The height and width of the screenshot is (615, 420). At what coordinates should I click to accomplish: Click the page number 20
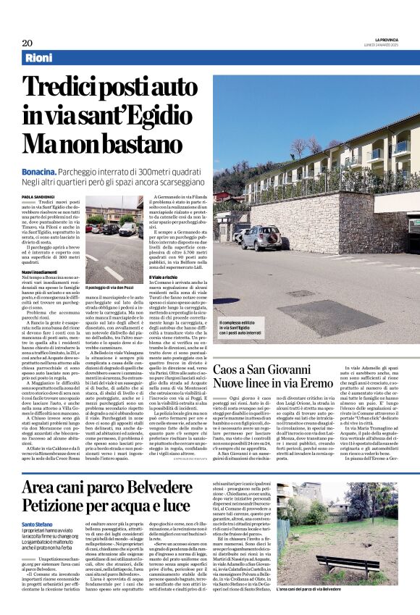(x=27, y=42)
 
